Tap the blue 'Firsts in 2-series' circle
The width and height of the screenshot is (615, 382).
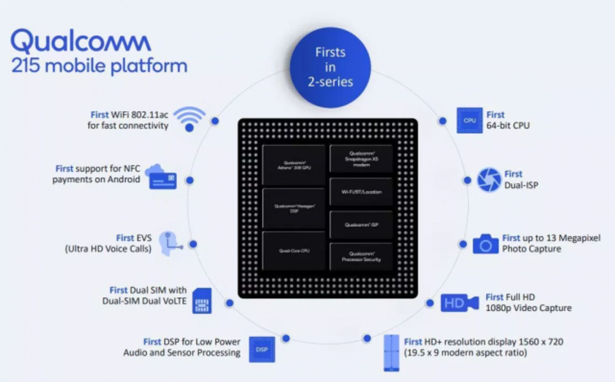(x=330, y=67)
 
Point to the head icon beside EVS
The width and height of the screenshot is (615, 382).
(x=170, y=244)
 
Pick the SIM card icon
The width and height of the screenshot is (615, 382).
(x=202, y=301)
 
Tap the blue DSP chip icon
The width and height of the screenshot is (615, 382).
(x=262, y=349)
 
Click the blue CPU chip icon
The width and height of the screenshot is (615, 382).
(x=469, y=120)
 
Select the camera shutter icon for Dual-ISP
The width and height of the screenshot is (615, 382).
(x=489, y=180)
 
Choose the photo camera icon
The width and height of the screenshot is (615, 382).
(x=486, y=244)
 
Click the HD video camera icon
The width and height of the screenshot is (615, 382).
(x=459, y=303)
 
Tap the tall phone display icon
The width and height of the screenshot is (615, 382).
(x=391, y=353)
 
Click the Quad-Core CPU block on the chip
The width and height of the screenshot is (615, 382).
(x=294, y=251)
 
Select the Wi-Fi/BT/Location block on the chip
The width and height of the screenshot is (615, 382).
(x=361, y=192)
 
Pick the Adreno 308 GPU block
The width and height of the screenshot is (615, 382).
(x=294, y=165)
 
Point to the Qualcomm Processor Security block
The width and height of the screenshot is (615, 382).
(x=361, y=257)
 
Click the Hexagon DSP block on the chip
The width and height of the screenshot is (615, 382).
(x=294, y=208)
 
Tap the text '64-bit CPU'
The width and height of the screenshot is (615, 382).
(x=508, y=125)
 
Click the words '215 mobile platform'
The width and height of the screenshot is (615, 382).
(x=99, y=66)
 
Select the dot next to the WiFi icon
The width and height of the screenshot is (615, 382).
(x=215, y=121)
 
